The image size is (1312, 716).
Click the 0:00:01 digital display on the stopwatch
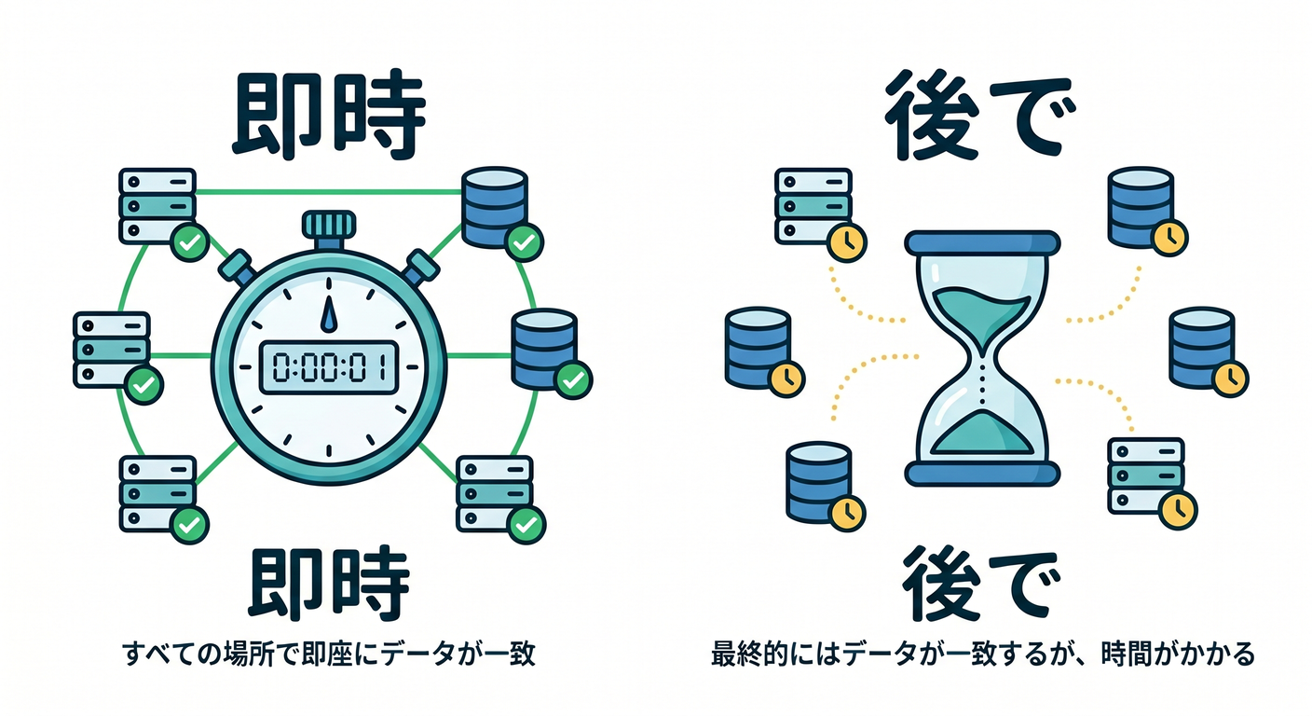[x=329, y=367]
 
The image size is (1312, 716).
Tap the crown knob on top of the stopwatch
[x=329, y=225]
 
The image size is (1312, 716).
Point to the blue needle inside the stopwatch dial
[x=329, y=314]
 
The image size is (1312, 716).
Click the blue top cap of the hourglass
[x=982, y=242]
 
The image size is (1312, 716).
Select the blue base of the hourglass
[x=982, y=474]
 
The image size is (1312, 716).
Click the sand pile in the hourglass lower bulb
[x=981, y=434]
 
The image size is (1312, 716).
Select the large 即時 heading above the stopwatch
[x=329, y=116]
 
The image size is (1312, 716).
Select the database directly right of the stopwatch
[x=545, y=349]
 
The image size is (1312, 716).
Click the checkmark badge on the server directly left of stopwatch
[x=144, y=385]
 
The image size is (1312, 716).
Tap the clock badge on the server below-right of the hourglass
[x=1178, y=510]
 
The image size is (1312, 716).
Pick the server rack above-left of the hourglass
[x=813, y=206]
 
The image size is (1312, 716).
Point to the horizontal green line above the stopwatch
[x=329, y=192]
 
